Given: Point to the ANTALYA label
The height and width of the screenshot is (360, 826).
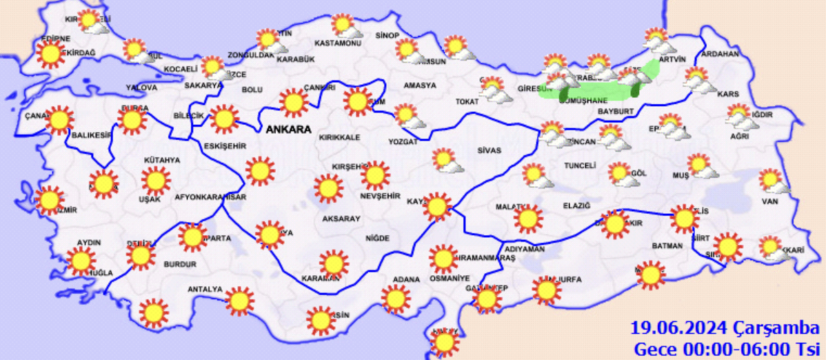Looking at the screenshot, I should click(205, 289).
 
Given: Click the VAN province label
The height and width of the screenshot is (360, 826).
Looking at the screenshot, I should click(771, 201).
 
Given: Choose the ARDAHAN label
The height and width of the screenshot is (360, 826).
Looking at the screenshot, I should click(719, 54).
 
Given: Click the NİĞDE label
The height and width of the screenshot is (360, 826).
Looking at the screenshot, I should click(378, 238).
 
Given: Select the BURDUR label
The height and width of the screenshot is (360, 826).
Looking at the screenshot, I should click(175, 265).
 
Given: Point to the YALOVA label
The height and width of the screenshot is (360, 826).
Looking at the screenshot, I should click(141, 87).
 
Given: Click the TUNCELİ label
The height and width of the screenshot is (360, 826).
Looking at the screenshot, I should click(579, 166).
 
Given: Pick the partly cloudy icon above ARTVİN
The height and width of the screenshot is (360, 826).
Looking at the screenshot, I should click(657, 40).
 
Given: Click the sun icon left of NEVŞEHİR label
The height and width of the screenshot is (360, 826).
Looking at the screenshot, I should click(328, 188).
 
